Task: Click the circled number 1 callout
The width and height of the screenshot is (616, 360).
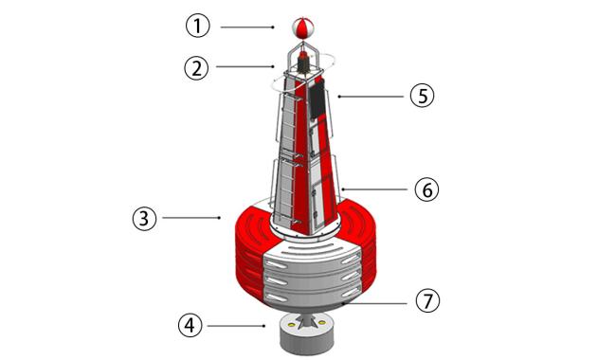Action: pos(198,26)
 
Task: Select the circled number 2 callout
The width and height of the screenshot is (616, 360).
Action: pos(196,68)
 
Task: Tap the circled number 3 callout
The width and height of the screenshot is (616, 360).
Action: pos(144,218)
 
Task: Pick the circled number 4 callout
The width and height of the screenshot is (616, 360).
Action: pos(190,326)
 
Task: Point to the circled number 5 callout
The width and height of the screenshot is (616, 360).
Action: pos(422,96)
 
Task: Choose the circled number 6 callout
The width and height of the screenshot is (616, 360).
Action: pos(426,189)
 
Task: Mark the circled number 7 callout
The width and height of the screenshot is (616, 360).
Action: pos(427,300)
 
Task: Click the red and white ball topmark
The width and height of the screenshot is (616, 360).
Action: pos(302,27)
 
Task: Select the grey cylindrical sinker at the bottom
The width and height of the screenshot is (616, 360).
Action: pos(307,333)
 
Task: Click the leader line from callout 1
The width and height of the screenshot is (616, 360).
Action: pos(247,27)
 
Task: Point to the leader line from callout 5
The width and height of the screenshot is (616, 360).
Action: pos(371,97)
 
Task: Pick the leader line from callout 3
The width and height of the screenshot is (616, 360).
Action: pos(191,218)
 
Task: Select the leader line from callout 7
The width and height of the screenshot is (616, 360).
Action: pos(374,303)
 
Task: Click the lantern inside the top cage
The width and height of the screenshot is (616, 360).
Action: pos(303,63)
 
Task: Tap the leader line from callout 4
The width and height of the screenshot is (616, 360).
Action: pos(236,326)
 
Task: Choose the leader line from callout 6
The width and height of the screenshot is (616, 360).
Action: pos(374,189)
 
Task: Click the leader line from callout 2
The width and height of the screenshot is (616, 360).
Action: pos(245,66)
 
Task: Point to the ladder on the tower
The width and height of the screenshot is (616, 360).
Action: pos(287,157)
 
